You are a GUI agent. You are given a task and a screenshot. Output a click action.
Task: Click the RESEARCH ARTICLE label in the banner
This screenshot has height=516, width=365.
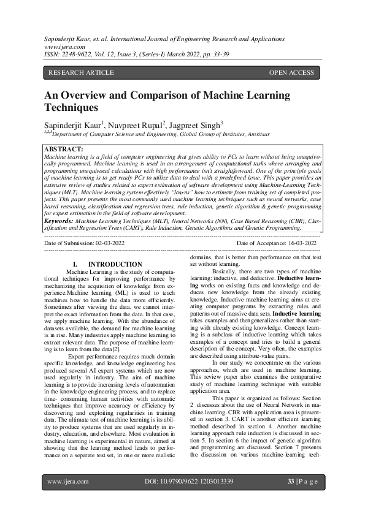pyautogui.click(x=81, y=73)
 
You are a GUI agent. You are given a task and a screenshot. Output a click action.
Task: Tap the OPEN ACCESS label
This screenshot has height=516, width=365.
pyautogui.click(x=291, y=73)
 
